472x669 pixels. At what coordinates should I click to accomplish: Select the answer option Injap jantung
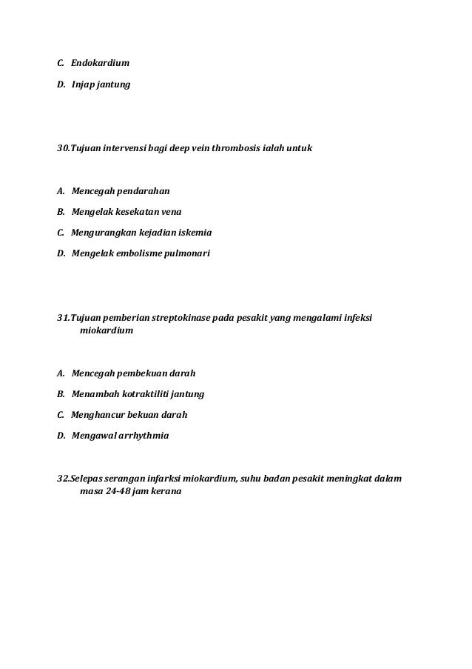tap(101, 85)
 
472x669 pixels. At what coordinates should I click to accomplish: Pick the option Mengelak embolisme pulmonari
tap(141, 255)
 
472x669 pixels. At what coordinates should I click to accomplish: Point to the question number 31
tap(64, 318)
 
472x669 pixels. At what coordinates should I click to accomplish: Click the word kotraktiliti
tap(145, 393)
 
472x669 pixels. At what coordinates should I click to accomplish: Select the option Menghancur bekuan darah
tap(129, 415)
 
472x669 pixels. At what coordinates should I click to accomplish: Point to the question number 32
tap(64, 478)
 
